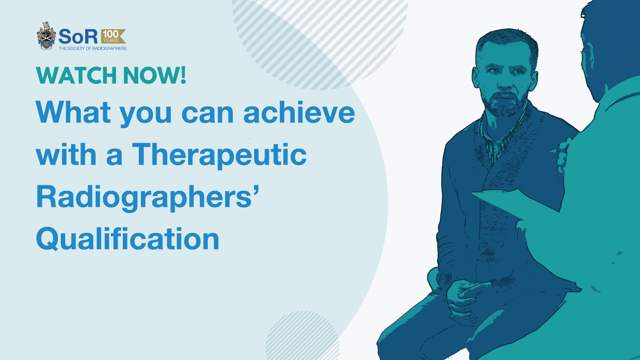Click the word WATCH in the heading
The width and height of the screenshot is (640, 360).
pyautogui.click(x=76, y=76)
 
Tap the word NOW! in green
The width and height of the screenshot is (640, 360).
pyautogui.click(x=154, y=76)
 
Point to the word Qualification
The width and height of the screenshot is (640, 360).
pyautogui.click(x=128, y=239)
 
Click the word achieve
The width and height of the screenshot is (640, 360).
pyautogui.click(x=299, y=112)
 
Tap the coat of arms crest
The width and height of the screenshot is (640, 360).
pyautogui.click(x=46, y=36)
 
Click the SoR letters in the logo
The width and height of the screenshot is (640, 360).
pyautogui.click(x=78, y=36)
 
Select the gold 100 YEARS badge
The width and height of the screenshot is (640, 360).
pyautogui.click(x=113, y=36)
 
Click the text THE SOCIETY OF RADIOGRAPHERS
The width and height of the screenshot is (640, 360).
pyautogui.click(x=92, y=48)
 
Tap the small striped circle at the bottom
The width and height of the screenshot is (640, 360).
pyautogui.click(x=303, y=336)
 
